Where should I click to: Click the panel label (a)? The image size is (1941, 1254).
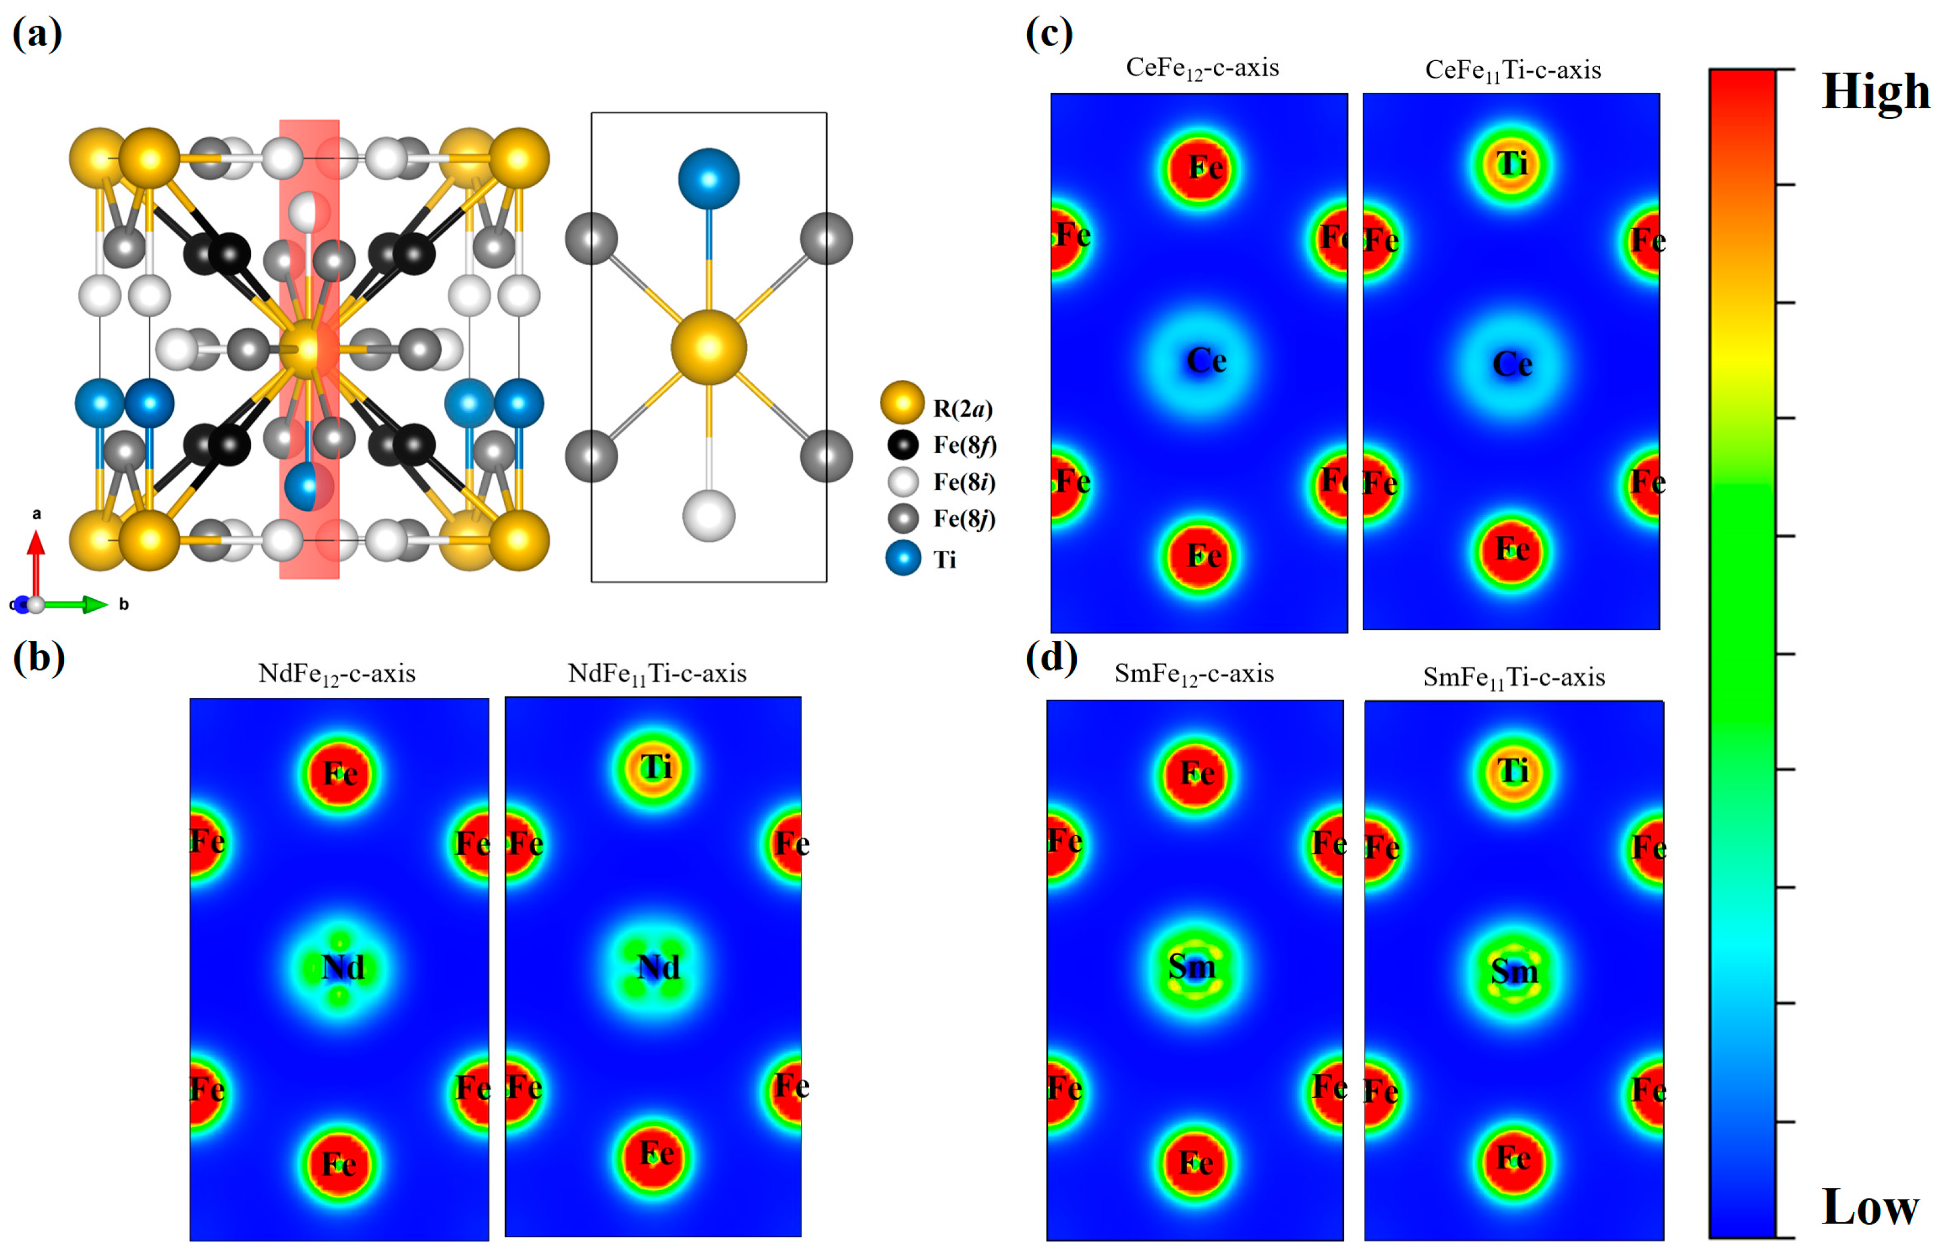click(37, 34)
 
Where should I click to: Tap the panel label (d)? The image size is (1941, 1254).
click(1051, 656)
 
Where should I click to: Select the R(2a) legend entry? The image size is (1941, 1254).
click(937, 407)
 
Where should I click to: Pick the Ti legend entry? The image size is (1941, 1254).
click(921, 559)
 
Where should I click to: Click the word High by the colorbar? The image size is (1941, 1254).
click(1875, 91)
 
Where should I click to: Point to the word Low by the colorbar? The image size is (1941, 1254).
click(1870, 1207)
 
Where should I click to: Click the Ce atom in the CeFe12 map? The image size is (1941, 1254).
click(1205, 360)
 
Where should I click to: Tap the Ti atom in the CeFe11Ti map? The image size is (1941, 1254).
click(1512, 165)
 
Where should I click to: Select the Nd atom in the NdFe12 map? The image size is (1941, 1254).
click(342, 967)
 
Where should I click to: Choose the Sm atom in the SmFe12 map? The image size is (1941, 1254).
click(1192, 967)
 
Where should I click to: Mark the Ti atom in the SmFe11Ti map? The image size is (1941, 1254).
click(1512, 771)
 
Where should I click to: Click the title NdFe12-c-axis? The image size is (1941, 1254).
click(336, 674)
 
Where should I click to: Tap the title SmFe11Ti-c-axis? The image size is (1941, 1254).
click(1514, 677)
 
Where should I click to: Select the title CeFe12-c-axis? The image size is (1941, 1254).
click(1202, 68)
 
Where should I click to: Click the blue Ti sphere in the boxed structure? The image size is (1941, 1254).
click(709, 178)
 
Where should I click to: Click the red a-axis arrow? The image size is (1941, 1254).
click(36, 562)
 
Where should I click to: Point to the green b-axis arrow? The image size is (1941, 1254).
click(77, 604)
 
